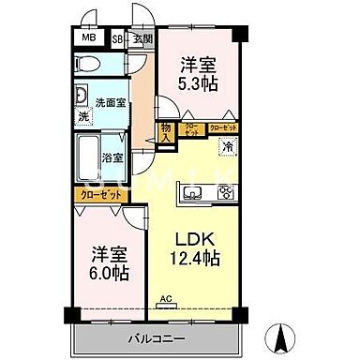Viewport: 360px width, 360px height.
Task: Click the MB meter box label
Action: pyautogui.click(x=87, y=38)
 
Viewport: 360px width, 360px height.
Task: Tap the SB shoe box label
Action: pyautogui.click(x=118, y=38)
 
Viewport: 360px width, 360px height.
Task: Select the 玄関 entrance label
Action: pyautogui.click(x=141, y=38)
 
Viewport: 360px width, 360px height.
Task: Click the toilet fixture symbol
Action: pyautogui.click(x=87, y=65)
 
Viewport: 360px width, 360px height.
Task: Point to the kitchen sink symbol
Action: pyautogui.click(x=194, y=195)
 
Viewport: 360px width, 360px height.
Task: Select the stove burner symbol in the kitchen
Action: pyautogui.click(x=226, y=195)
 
